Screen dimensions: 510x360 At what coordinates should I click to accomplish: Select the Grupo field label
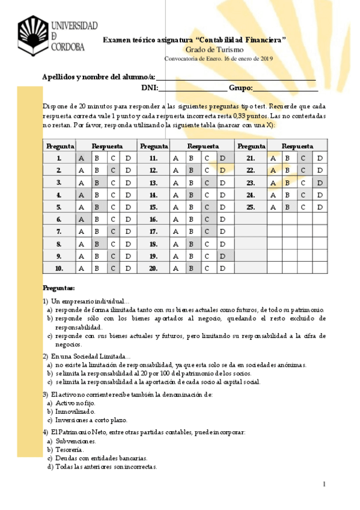coord(240,88)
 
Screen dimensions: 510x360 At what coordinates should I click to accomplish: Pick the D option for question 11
coord(222,158)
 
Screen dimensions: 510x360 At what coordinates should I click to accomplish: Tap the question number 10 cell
coord(59,268)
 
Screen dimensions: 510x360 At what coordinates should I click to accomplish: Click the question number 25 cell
coord(251,207)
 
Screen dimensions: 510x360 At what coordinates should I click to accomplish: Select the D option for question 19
coord(222,256)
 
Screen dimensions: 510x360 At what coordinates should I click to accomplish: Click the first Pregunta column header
coord(59,146)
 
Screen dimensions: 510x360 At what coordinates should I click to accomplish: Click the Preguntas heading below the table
coord(59,288)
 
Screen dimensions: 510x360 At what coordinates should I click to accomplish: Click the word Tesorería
coord(69,449)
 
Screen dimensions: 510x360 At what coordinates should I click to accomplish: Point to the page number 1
coord(323,484)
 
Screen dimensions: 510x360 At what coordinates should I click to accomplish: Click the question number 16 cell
coord(153,220)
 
